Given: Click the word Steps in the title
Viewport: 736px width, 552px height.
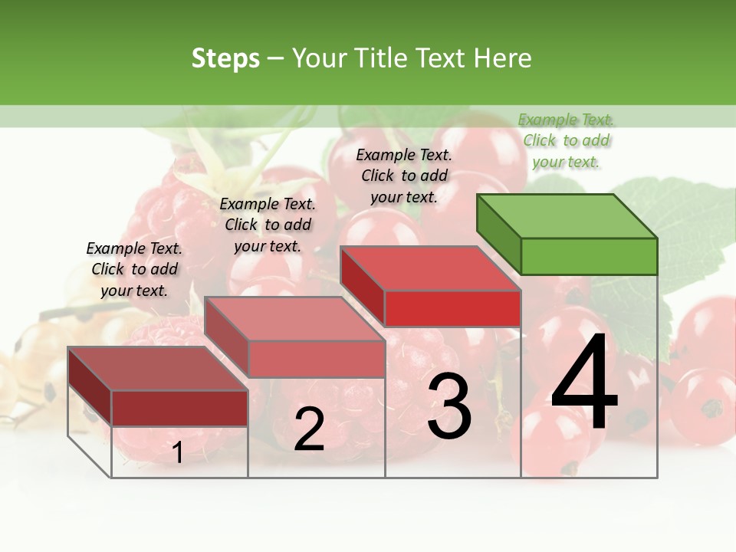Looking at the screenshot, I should point(225,58).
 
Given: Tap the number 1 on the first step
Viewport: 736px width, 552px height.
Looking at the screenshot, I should point(177,453).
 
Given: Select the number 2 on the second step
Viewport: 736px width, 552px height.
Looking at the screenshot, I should point(309,429).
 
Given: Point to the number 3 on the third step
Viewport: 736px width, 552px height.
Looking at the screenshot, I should point(449,407).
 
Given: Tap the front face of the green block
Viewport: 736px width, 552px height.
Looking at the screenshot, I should point(589,256).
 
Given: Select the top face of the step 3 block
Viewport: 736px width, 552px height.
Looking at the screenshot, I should point(431,268).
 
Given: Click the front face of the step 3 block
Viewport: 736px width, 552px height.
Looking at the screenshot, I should point(452,308).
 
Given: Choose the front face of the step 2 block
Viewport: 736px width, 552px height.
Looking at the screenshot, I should point(317,359).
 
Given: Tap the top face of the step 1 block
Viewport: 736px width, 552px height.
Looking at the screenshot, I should point(158,369).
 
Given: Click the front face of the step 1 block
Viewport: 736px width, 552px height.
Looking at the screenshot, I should point(179,408).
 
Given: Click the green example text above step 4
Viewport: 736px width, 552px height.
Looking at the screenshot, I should point(567,140).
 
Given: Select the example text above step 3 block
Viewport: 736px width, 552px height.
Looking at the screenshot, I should point(404,176).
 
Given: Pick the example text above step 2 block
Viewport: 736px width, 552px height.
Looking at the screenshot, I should point(268,225).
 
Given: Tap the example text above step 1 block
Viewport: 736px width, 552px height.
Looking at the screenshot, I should point(134,269).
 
